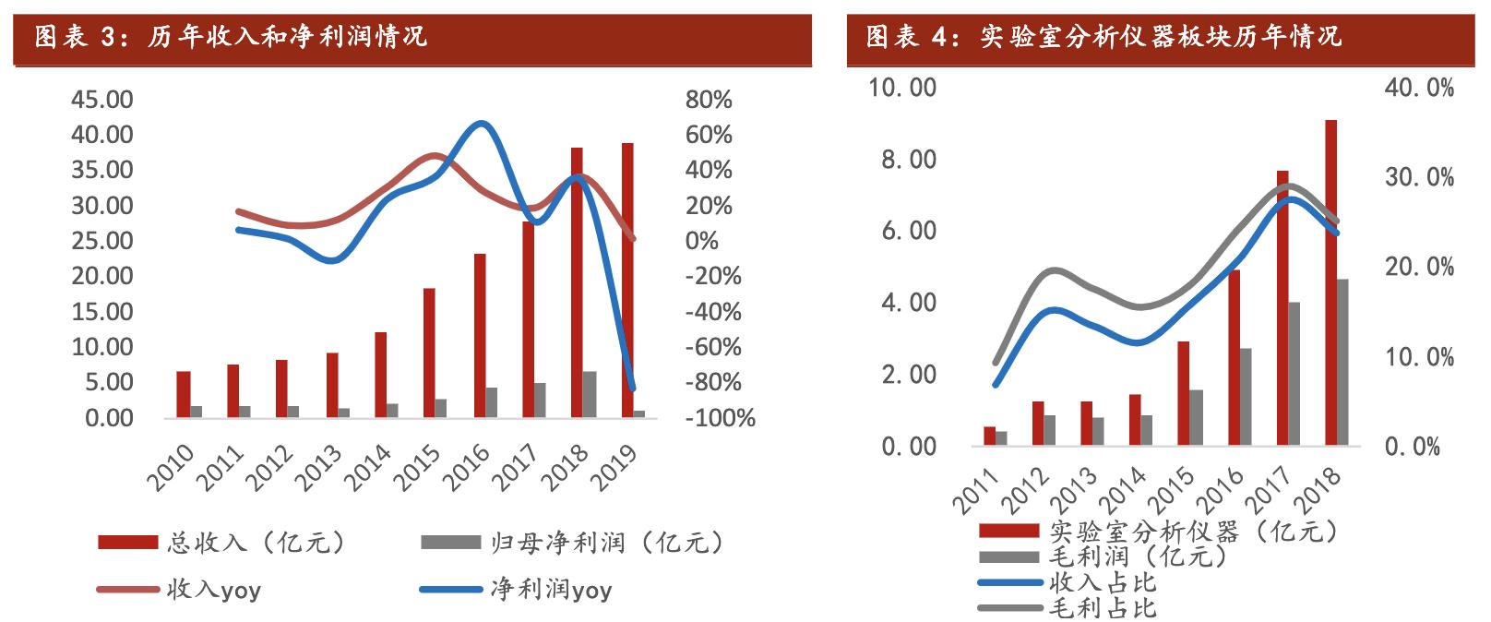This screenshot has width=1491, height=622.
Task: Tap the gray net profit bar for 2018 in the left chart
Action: (590, 394)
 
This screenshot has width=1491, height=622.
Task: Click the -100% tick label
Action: (720, 418)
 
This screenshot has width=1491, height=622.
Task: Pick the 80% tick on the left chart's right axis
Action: (708, 100)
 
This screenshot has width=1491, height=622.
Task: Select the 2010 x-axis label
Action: (171, 466)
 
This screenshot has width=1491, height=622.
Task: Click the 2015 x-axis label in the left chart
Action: (416, 466)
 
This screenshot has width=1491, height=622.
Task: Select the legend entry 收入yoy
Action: (213, 590)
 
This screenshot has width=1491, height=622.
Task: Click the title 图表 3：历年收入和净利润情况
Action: (231, 37)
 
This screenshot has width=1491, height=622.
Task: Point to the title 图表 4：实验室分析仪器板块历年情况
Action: (1103, 37)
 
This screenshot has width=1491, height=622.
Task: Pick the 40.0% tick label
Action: (1419, 88)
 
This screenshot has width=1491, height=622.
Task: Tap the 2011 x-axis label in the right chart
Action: (976, 490)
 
